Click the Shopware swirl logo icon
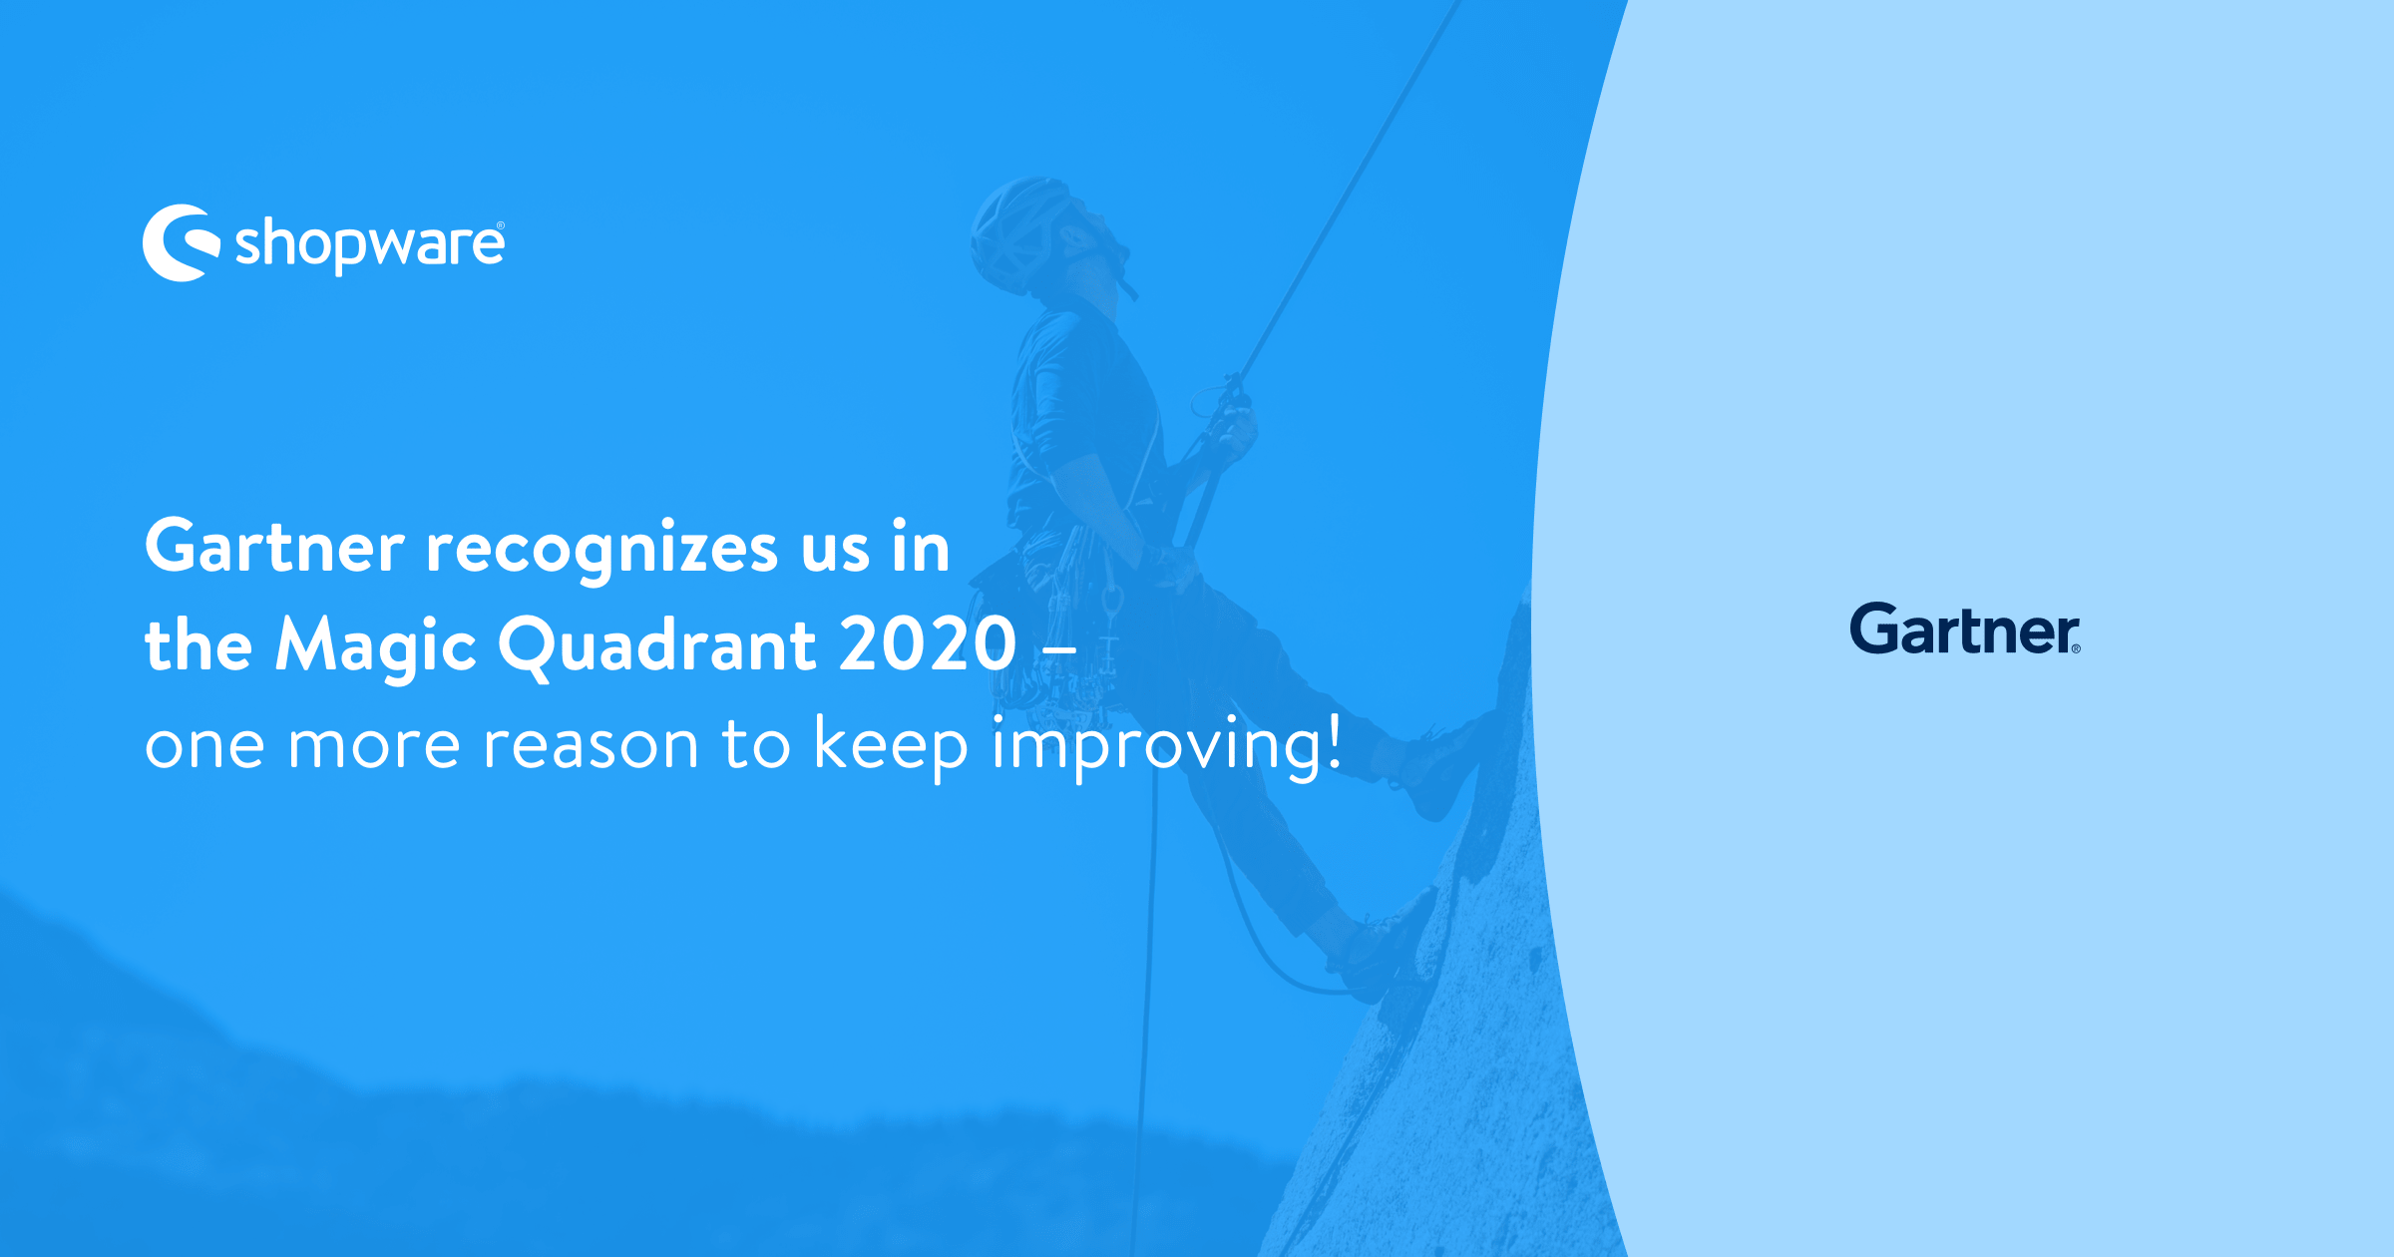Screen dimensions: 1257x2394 pyautogui.click(x=181, y=243)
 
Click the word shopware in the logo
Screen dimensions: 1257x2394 pyautogui.click(x=369, y=245)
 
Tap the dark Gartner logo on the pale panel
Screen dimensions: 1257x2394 pyautogui.click(x=1964, y=629)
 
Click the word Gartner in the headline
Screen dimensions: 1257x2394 pyautogui.click(x=274, y=548)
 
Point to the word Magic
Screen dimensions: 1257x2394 pyautogui.click(x=376, y=646)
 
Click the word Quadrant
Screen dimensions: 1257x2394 pyautogui.click(x=657, y=646)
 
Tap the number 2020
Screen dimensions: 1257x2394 pyautogui.click(x=928, y=644)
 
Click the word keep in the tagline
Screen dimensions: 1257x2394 pyautogui.click(x=891, y=746)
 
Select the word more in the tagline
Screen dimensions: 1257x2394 pyautogui.click(x=373, y=746)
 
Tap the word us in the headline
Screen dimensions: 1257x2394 pyautogui.click(x=835, y=550)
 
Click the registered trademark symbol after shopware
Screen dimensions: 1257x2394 pyautogui.click(x=500, y=226)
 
